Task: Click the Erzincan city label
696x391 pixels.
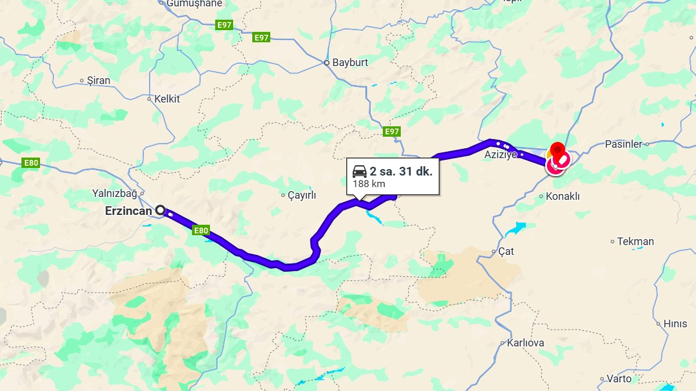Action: [128, 211]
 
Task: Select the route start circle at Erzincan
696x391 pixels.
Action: [160, 210]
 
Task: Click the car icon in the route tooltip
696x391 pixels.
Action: [360, 171]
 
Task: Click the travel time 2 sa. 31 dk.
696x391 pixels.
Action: [401, 171]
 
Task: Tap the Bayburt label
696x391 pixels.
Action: [350, 63]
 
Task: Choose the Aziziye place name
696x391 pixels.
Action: [500, 155]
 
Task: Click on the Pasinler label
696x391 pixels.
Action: [623, 144]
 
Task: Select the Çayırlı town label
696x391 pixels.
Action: [302, 196]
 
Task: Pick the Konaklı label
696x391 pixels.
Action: [563, 196]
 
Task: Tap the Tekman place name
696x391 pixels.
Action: [635, 242]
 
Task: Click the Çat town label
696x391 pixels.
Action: [506, 252]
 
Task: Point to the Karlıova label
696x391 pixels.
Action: [525, 343]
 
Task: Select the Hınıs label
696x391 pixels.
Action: [675, 324]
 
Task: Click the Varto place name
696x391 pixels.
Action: [619, 379]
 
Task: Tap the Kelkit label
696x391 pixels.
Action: [167, 99]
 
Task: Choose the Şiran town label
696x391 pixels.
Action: [98, 81]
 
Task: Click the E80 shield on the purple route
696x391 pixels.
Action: [201, 231]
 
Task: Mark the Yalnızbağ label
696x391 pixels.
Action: [114, 193]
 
